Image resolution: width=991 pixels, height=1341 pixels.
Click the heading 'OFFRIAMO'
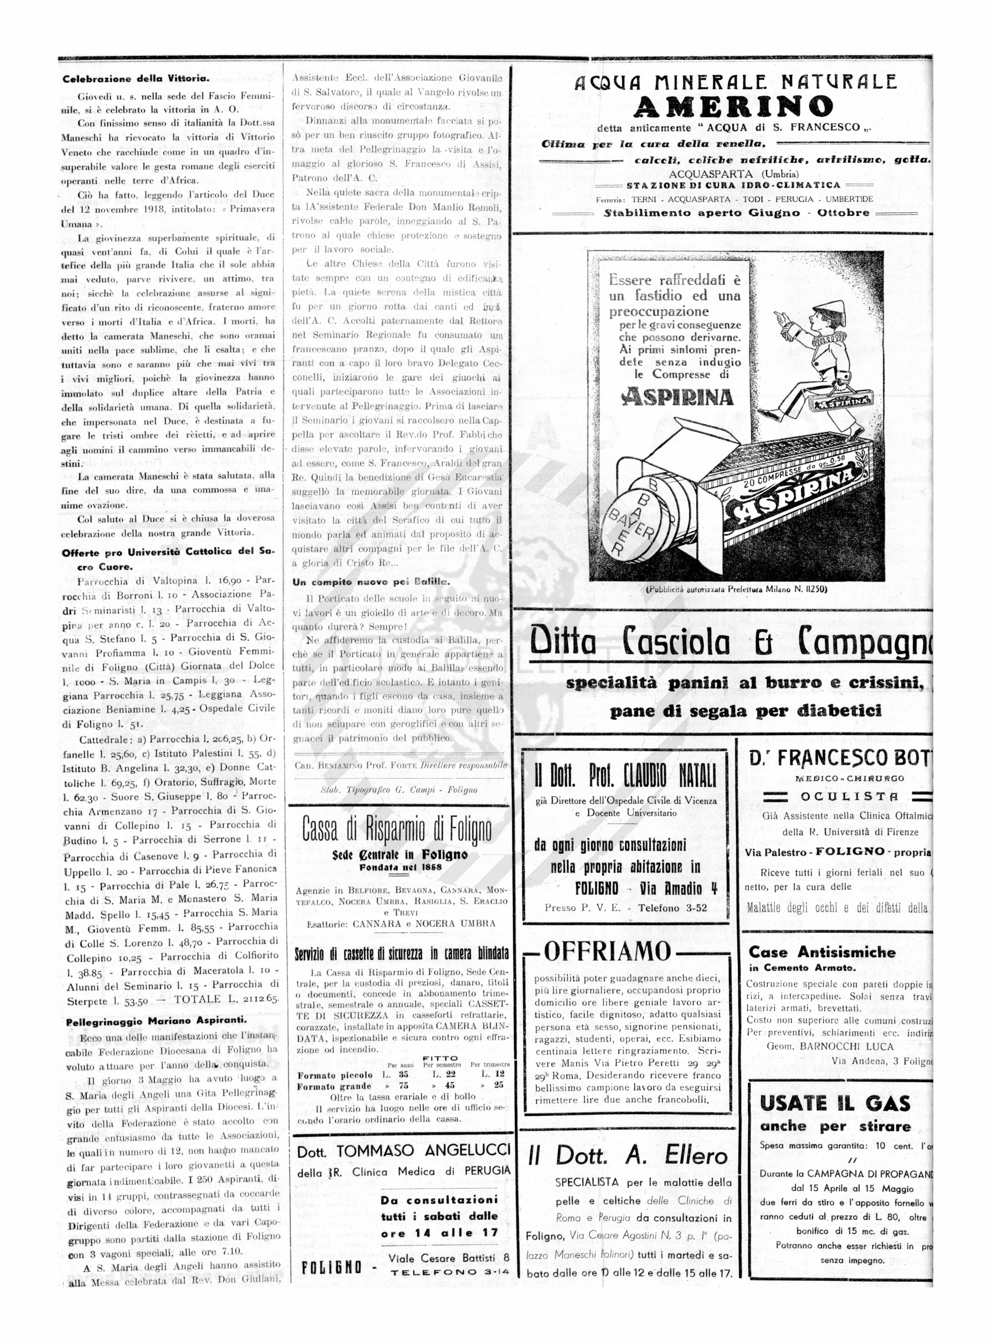607,952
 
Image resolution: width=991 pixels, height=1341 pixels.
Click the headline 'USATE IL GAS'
835,1103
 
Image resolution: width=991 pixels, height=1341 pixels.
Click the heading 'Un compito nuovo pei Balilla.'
371,581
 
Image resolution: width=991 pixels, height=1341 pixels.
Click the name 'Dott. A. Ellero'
628,1155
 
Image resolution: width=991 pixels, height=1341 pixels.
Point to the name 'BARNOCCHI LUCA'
852,1046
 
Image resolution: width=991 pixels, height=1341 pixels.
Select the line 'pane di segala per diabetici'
746,712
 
